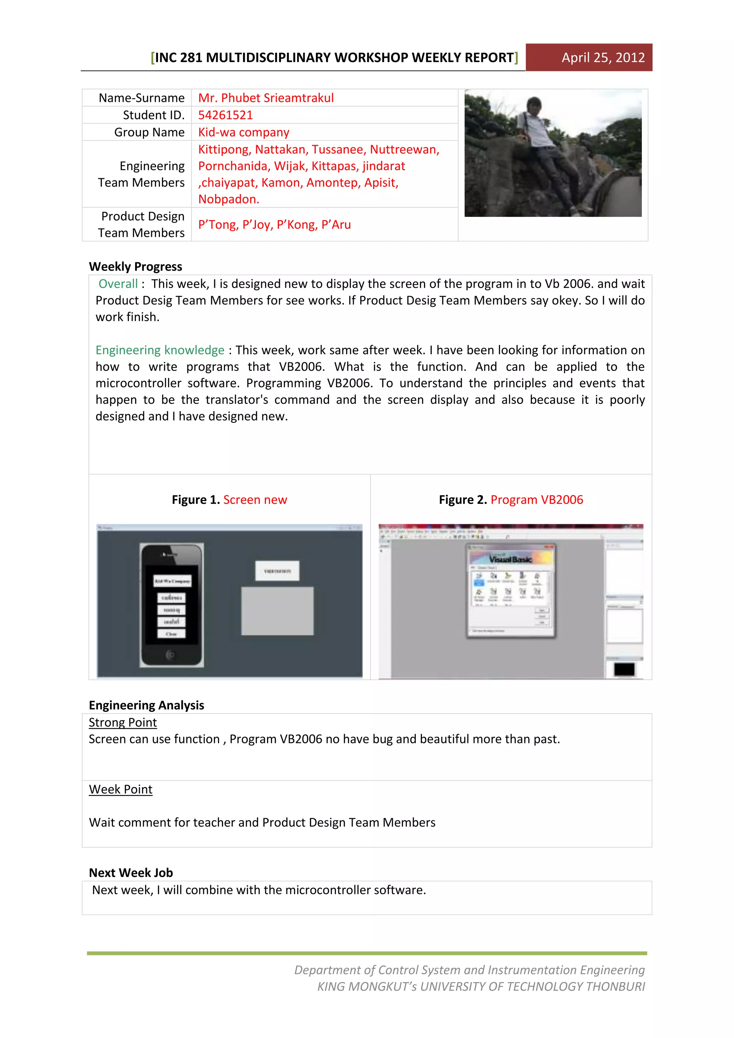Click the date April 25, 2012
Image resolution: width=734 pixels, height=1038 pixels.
(602, 57)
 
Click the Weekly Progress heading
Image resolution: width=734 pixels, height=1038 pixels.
(135, 266)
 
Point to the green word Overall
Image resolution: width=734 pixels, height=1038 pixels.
(118, 284)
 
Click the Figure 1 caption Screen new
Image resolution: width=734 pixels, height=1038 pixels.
(255, 500)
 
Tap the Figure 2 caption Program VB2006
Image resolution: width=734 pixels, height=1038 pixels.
(537, 500)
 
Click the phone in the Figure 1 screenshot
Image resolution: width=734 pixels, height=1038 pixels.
(171, 605)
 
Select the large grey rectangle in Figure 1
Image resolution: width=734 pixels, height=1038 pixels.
(277, 611)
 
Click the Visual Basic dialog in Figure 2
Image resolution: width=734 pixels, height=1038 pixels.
(510, 590)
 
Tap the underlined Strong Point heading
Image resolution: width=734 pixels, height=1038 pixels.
(123, 723)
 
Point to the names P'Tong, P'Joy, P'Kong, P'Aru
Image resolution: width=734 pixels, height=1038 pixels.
(274, 224)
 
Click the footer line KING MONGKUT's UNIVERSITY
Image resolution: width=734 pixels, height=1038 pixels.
(481, 986)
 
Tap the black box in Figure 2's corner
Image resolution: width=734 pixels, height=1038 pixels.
(624, 669)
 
